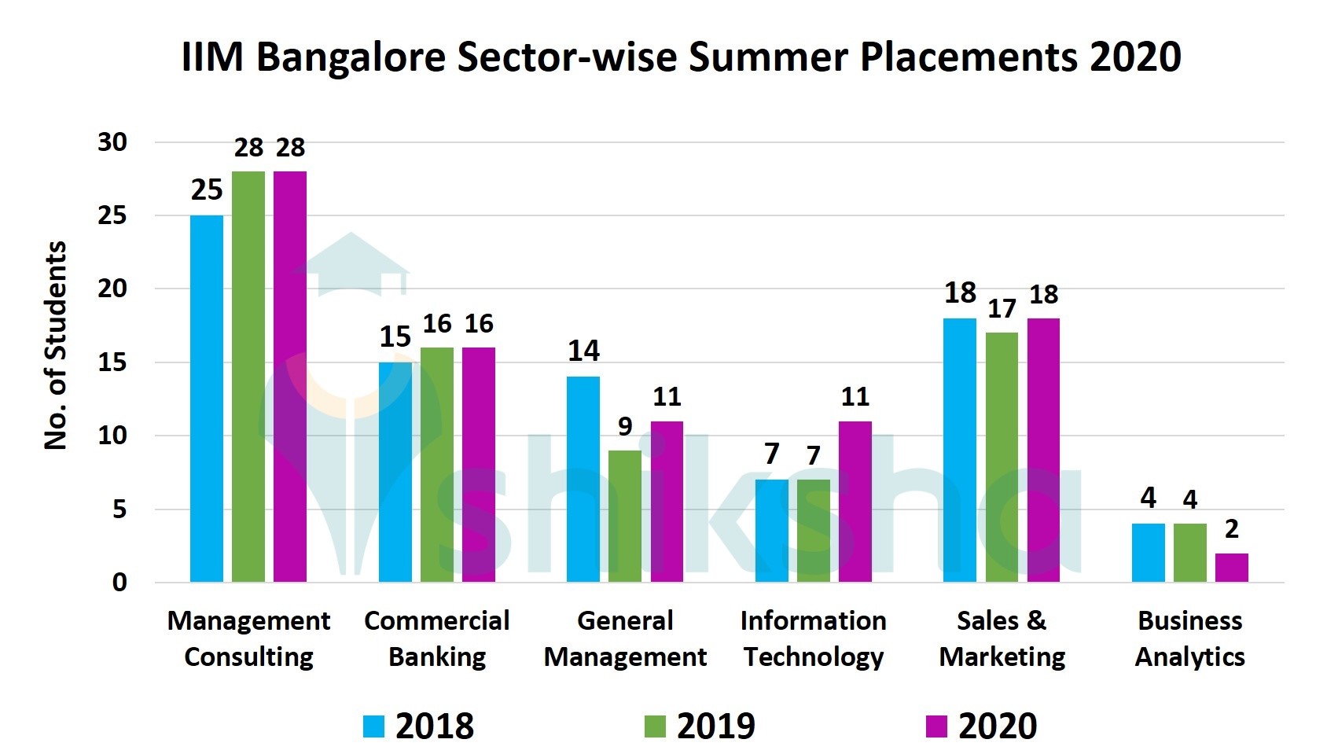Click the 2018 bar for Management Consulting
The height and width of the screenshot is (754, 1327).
coord(207,399)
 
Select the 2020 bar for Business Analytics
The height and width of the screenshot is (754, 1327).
coord(1231,568)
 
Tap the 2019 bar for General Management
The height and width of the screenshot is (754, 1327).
coord(625,516)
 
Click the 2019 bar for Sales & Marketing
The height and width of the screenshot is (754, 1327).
coord(1002,457)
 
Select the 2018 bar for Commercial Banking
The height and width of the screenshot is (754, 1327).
coord(395,472)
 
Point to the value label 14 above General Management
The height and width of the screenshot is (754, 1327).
coord(583,351)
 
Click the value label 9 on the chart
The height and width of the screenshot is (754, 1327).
coord(625,426)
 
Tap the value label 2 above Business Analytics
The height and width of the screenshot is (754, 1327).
coord(1231,529)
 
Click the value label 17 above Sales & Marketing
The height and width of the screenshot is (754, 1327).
coord(1002,309)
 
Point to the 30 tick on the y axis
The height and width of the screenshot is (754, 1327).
coord(112,142)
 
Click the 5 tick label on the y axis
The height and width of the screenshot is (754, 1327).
coord(119,509)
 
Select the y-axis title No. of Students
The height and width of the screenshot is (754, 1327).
coord(55,346)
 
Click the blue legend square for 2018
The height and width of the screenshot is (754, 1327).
coord(373,726)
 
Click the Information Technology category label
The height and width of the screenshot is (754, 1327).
coord(813,638)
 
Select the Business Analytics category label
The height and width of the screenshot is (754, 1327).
coord(1189,638)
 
